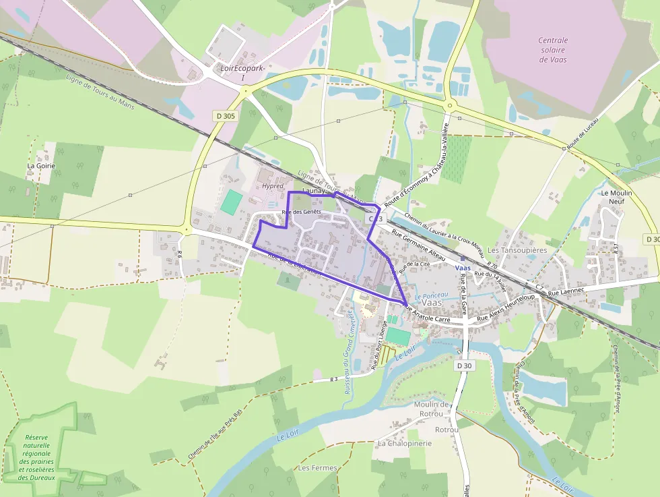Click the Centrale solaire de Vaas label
(x=552, y=50)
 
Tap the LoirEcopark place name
(x=243, y=69)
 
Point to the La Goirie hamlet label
(x=41, y=165)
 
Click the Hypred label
(x=273, y=186)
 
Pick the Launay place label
(x=314, y=191)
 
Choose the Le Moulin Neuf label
(x=617, y=197)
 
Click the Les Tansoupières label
(x=517, y=250)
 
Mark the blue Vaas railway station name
(x=463, y=268)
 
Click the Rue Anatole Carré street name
(x=426, y=313)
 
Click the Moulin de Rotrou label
(x=431, y=409)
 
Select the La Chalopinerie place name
(x=404, y=443)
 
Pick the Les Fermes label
(x=317, y=467)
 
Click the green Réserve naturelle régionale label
(x=38, y=448)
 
